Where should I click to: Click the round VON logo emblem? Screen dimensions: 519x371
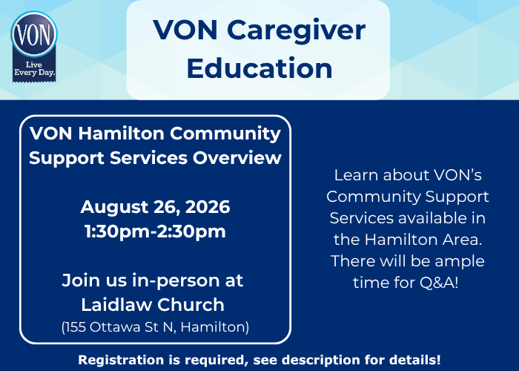tap(34, 34)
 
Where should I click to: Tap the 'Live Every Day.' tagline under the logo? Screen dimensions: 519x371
tap(34, 68)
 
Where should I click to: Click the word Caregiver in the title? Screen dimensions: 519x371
tap(297, 31)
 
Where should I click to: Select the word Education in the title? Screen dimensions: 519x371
tap(259, 68)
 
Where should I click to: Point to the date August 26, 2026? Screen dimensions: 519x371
tap(155, 207)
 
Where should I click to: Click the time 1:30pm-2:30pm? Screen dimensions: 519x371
tap(155, 232)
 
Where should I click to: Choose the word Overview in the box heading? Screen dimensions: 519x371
tap(237, 157)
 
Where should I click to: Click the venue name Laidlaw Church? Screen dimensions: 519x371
tap(153, 305)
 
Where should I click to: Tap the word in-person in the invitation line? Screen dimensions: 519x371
tap(176, 281)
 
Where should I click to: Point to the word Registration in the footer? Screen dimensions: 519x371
tap(121, 360)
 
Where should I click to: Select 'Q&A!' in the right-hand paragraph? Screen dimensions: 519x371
tap(439, 283)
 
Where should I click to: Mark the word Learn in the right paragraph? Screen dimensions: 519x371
tap(357, 175)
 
